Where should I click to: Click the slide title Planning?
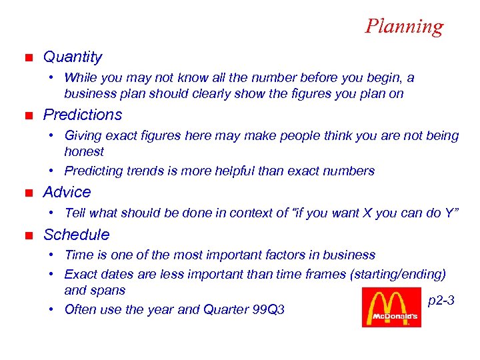pos(403,26)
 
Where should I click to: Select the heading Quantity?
pos(73,57)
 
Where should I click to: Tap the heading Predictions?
pos(83,115)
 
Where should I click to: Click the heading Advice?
pos(67,192)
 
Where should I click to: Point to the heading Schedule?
pos(76,235)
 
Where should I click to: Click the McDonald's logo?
pos(391,307)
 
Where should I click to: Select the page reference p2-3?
pos(441,301)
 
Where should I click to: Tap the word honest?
pos(84,152)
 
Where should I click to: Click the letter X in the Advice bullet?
pos(367,213)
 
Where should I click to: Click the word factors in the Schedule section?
pos(300,255)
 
